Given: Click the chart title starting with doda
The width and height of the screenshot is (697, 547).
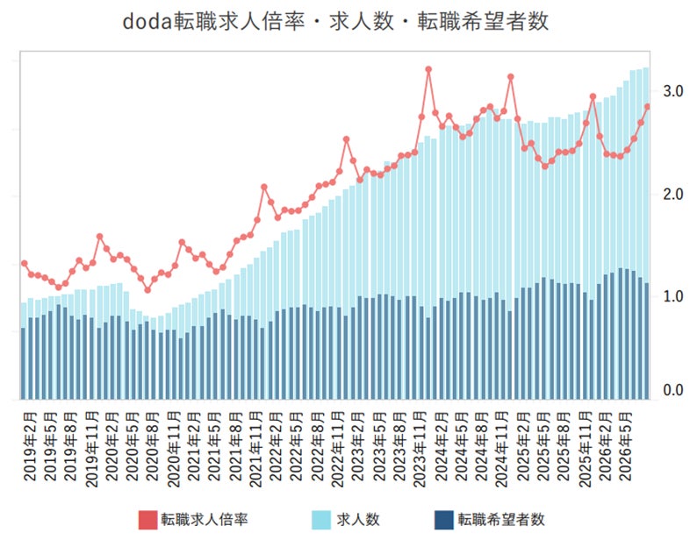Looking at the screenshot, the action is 335,22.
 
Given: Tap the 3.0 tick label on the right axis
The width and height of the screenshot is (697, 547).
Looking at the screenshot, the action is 673,91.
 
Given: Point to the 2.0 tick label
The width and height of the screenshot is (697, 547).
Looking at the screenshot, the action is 673,194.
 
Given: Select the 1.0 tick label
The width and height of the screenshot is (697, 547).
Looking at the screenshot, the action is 673,296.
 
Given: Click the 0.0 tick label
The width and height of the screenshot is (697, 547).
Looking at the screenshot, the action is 673,390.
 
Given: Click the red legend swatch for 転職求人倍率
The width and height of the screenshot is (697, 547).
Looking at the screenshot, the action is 147,520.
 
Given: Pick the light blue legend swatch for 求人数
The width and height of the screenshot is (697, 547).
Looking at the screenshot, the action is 321,520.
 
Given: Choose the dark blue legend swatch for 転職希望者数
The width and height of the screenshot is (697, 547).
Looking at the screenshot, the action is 443,520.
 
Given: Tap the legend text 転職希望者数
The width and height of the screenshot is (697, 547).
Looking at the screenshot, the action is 501,520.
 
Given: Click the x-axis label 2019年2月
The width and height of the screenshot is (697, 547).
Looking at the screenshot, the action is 31,447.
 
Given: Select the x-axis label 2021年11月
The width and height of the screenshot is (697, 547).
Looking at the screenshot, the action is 256,450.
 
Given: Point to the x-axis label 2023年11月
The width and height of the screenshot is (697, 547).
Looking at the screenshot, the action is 420,450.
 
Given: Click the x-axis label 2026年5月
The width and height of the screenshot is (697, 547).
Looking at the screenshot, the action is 625,447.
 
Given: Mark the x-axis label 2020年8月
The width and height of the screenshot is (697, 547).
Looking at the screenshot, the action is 154,447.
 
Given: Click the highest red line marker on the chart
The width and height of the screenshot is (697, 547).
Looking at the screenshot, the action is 428,70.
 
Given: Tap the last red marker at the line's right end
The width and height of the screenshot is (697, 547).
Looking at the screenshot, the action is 648,107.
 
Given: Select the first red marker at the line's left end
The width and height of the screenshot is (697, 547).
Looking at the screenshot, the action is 25,264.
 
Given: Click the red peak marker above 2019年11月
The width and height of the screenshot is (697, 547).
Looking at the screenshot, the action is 99,237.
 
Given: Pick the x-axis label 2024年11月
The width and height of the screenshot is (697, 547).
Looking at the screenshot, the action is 502,450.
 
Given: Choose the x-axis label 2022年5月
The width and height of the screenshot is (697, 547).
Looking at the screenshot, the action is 297,447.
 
